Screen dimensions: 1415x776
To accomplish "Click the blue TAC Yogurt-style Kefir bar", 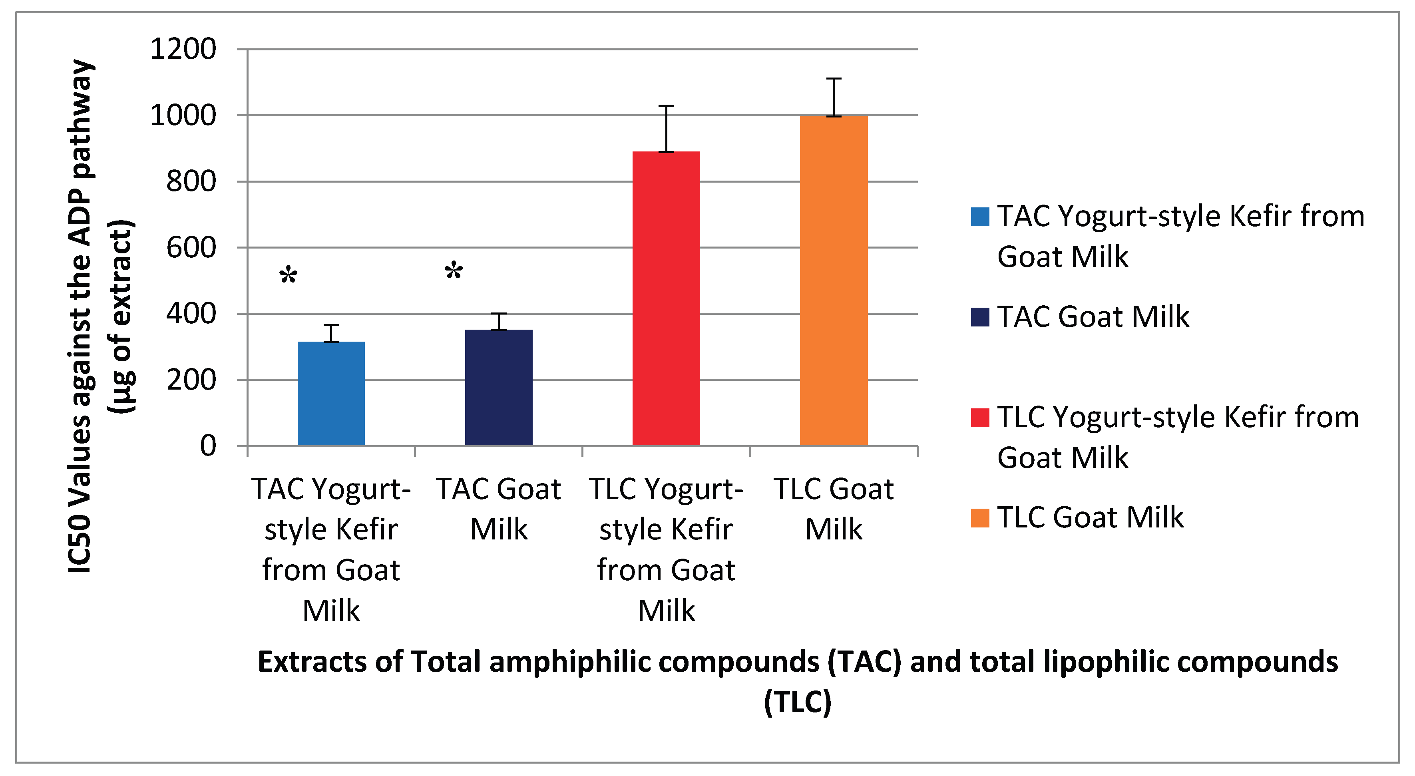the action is (x=331, y=393).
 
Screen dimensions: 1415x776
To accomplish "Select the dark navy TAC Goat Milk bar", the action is (x=499, y=387).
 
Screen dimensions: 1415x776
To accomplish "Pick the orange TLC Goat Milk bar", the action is (x=834, y=281).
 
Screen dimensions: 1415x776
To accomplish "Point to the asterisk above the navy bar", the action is (x=454, y=271).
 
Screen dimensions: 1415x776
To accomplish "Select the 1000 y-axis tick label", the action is (x=183, y=115).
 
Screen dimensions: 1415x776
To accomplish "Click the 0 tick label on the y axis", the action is (x=208, y=446).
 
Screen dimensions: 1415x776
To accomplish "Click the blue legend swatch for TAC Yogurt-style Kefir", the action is (x=980, y=217).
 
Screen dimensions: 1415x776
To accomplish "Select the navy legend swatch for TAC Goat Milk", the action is (x=980, y=317).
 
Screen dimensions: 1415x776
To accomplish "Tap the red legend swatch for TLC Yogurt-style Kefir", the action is (x=980, y=418).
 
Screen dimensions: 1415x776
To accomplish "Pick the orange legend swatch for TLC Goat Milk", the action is (x=980, y=518).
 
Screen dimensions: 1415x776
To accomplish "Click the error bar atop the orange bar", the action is (x=834, y=97).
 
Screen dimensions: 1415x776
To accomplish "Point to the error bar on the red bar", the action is (x=666, y=129).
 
